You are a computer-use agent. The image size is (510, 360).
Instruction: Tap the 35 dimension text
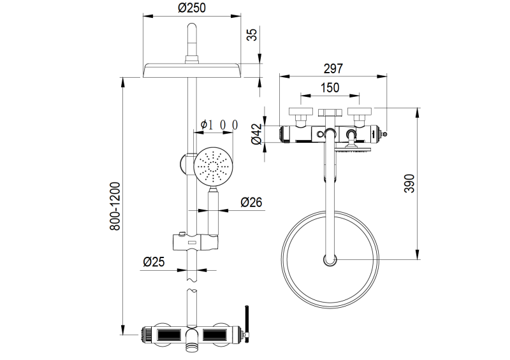coord(252,35)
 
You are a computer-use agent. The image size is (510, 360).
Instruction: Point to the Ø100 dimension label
coord(219,124)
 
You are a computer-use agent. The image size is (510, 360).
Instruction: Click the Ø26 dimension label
coord(252,203)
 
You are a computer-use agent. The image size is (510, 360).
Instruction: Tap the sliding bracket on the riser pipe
coord(195,242)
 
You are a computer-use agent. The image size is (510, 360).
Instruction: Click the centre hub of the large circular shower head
coord(330,259)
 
